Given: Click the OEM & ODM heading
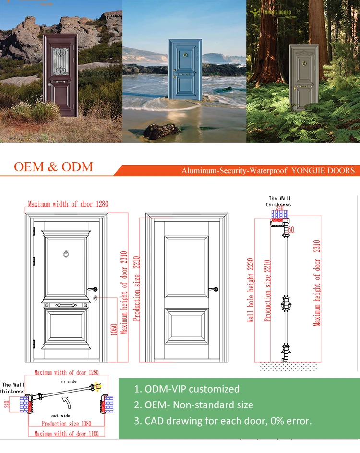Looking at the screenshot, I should [53, 167].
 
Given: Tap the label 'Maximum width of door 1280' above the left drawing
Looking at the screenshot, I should [68, 204].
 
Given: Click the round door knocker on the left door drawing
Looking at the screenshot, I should [67, 253].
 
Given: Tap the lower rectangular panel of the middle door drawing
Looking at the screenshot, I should [187, 325].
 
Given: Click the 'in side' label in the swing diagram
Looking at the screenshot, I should [69, 381].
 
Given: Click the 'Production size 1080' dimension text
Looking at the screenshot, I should [66, 424].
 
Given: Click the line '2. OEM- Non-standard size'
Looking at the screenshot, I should [193, 405].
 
